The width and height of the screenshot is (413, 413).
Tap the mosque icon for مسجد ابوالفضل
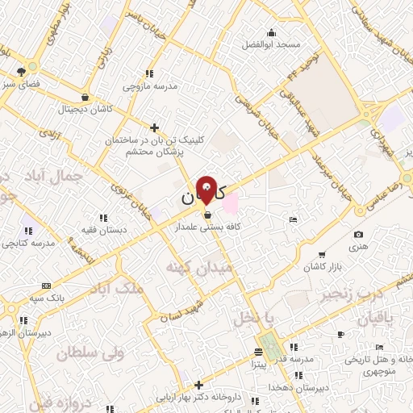271,33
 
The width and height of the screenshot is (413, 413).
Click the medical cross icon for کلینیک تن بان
155,127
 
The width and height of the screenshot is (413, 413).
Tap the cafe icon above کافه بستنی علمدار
209,215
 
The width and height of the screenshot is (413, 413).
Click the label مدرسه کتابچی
28,243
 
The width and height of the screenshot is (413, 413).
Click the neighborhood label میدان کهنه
198,266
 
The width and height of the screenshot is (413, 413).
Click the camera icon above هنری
358,234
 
